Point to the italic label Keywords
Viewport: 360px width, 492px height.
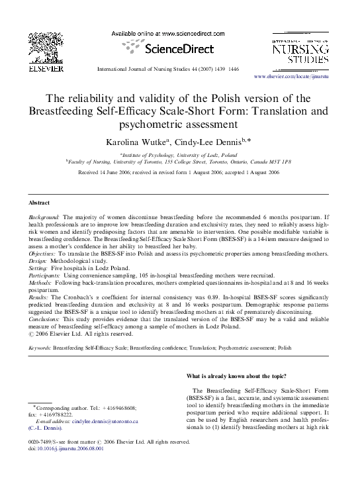[40, 347]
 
